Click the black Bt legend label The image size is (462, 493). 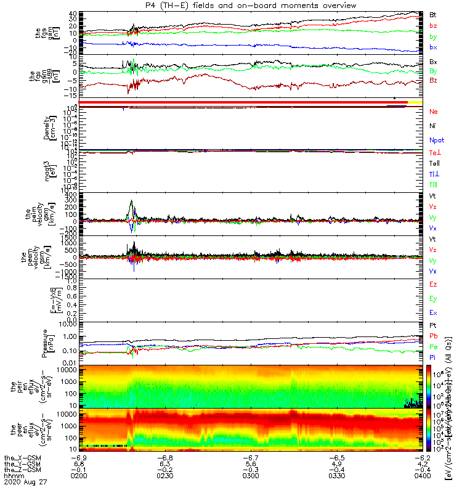434,14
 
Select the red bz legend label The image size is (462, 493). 434,25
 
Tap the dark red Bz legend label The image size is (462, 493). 434,80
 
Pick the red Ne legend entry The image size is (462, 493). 434,112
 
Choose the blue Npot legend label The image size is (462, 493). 436,141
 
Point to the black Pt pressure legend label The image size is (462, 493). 434,324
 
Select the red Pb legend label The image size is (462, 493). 434,336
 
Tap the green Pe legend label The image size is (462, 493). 434,348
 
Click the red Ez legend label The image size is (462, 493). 434,284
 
